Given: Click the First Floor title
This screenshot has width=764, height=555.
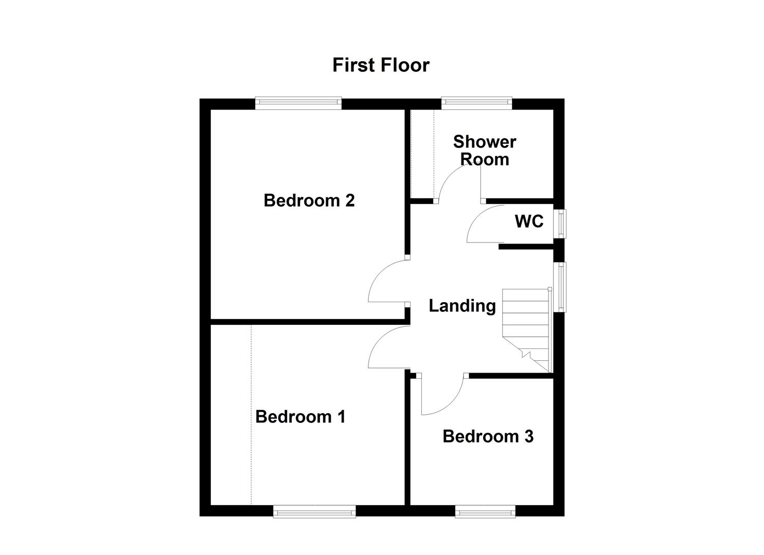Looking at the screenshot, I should click(381, 65).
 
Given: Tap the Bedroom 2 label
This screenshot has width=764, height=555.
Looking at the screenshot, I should click(309, 200).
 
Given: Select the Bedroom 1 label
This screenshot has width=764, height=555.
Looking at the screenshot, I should click(300, 416).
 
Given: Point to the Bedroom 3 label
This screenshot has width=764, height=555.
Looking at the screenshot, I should click(488, 436).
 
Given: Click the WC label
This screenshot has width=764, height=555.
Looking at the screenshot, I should click(529, 221).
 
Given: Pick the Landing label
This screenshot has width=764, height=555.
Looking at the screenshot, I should click(462, 306).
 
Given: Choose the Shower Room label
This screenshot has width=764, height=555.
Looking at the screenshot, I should click(484, 150).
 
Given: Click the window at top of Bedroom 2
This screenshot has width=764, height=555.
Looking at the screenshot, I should click(298, 103).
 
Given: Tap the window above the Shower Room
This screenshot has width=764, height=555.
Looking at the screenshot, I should click(476, 103).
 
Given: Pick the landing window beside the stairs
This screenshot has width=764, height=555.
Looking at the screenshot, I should click(560, 287).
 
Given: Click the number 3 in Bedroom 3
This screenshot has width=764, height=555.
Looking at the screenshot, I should click(528, 436).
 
